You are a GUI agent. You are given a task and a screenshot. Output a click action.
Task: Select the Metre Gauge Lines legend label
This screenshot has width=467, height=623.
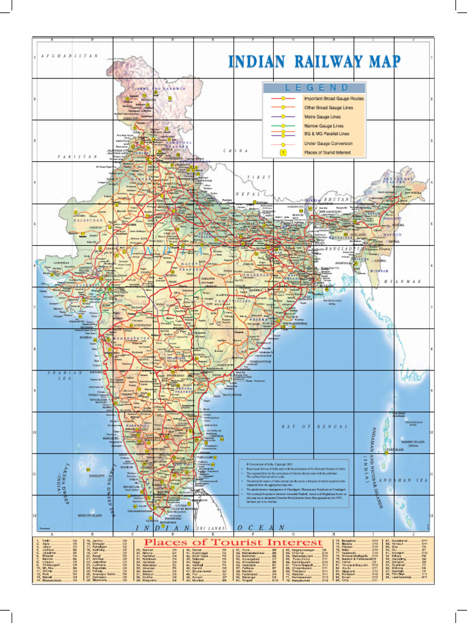pyautogui.click(x=322, y=116)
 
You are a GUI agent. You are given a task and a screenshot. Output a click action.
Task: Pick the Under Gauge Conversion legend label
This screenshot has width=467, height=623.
pyautogui.click(x=328, y=144)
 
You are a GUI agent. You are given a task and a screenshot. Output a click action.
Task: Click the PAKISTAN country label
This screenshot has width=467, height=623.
pyautogui.click(x=77, y=156)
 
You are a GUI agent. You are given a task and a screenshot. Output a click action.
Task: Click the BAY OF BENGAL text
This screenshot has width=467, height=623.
pyautogui.click(x=315, y=427)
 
